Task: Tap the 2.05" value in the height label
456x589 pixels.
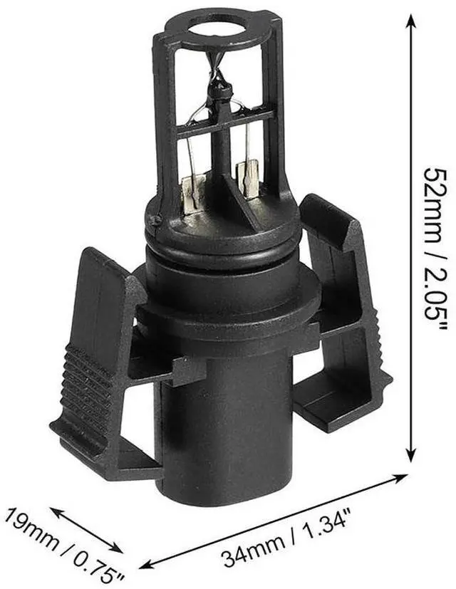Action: (431, 289)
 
